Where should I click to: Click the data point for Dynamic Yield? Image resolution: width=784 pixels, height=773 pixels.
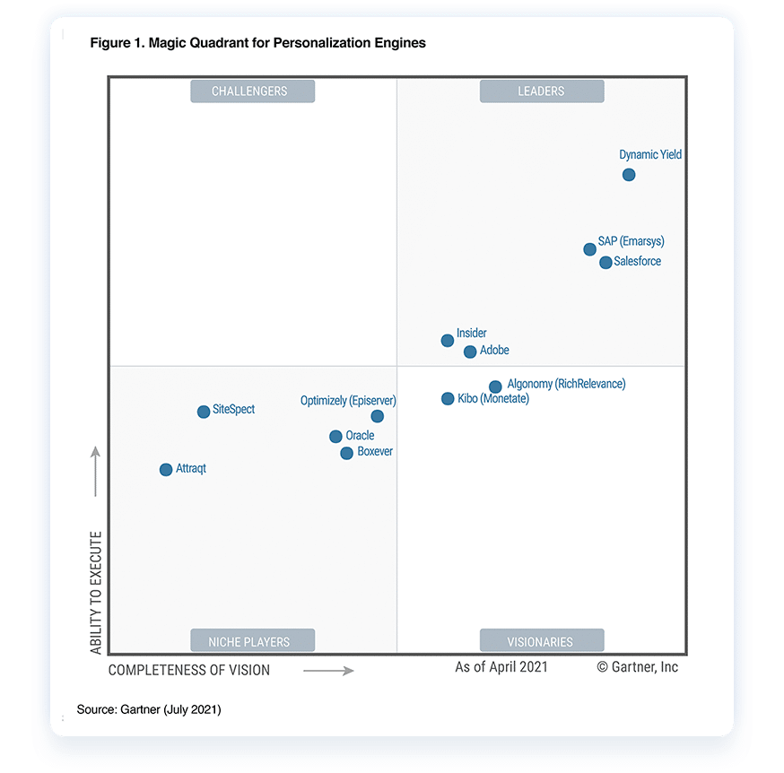tap(629, 175)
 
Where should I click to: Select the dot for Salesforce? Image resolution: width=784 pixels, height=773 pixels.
tap(605, 263)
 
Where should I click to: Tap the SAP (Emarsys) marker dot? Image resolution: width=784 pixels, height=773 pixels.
tap(589, 249)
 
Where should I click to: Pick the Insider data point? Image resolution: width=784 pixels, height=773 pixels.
tap(448, 341)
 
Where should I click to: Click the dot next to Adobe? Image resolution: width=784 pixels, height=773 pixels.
tap(470, 352)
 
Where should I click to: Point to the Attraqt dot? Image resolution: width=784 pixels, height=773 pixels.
tap(166, 470)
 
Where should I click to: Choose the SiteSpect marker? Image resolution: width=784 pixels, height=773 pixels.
tap(204, 413)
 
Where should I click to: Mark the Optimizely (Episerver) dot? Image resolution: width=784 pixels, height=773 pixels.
tap(378, 416)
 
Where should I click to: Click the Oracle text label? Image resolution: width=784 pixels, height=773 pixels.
tap(360, 436)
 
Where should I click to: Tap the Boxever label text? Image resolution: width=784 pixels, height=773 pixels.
tap(375, 452)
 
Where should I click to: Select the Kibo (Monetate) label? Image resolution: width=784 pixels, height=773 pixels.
tap(493, 399)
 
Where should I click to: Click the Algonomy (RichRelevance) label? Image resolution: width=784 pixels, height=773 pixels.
tap(566, 384)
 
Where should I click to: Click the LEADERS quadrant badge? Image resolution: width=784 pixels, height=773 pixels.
tap(541, 91)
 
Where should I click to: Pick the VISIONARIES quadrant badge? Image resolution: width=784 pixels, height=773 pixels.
tap(541, 642)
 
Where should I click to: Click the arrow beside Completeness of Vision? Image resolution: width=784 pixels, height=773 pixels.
tap(328, 670)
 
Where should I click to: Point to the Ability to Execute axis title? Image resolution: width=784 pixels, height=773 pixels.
tap(96, 593)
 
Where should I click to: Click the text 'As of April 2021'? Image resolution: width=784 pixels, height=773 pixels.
tap(501, 667)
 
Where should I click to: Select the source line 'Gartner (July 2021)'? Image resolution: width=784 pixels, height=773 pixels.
tap(149, 709)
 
